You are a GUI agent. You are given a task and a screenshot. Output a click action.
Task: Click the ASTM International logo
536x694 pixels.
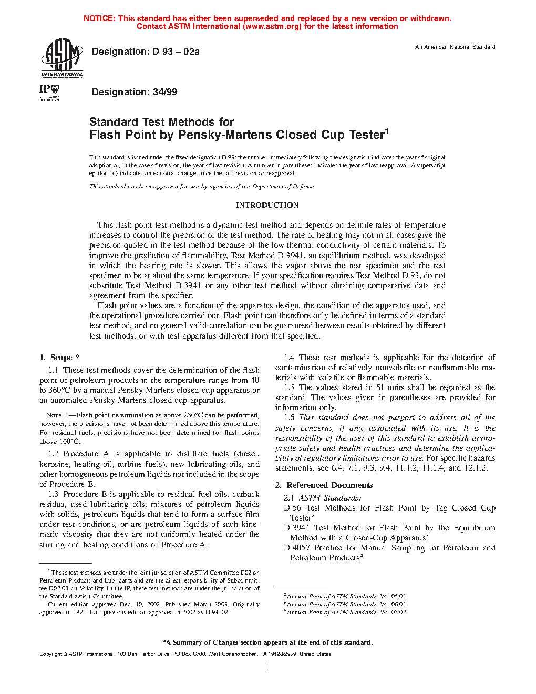point(62,58)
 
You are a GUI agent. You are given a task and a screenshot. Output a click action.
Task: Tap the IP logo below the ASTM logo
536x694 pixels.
point(49,91)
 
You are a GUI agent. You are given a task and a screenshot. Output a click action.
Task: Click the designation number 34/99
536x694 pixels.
point(165,92)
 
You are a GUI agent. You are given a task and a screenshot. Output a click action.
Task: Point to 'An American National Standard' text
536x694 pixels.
point(455,47)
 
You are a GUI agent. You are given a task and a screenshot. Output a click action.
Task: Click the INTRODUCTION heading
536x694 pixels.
point(267,205)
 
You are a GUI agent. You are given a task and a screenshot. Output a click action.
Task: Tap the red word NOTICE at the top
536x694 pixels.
point(99,18)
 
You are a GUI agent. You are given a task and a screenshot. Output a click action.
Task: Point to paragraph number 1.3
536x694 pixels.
point(53,494)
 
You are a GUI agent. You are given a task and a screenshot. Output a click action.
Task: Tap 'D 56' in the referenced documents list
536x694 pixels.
point(293,508)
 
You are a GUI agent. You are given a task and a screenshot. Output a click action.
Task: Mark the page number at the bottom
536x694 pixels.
point(267,667)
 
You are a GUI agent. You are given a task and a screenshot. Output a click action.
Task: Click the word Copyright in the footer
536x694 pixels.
point(50,654)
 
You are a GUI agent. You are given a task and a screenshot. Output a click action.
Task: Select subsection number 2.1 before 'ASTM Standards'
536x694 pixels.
point(289,498)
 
